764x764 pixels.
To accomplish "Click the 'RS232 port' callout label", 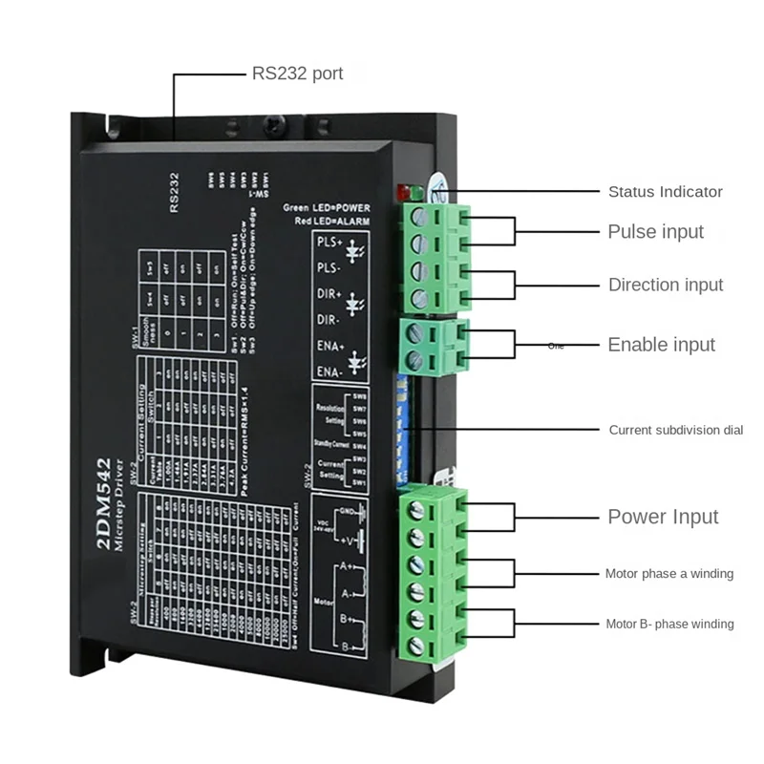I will [297, 73].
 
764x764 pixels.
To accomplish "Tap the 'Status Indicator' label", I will [666, 192].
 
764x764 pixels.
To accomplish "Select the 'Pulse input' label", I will [655, 231].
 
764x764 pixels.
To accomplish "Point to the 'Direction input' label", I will [666, 285].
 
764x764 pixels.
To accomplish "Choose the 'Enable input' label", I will [661, 345].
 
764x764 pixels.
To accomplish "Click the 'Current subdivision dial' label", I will [676, 430].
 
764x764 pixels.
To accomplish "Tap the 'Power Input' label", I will [663, 517].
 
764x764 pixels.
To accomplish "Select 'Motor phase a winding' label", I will [668, 574].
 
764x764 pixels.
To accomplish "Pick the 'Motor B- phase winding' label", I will [668, 624].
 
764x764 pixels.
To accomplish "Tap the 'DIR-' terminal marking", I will [328, 319].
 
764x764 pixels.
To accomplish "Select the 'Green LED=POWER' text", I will [326, 207].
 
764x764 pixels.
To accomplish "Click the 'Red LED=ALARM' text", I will [332, 222].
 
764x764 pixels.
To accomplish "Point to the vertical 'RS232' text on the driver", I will [174, 191].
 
